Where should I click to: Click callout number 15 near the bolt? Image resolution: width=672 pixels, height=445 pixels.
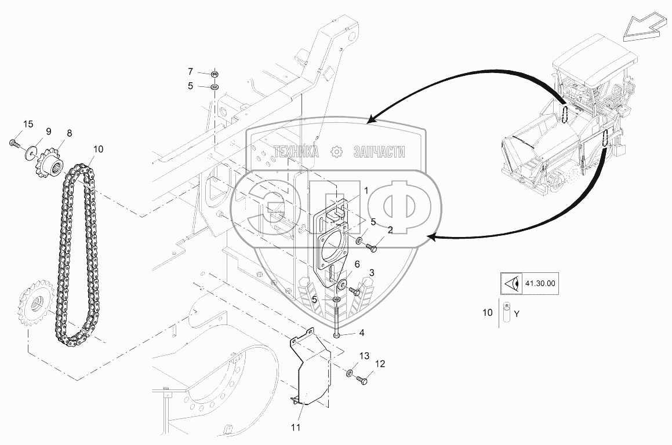(x=28, y=124)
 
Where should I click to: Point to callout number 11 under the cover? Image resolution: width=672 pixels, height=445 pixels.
(x=296, y=427)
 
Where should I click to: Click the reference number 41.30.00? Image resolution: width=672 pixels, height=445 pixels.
(x=540, y=283)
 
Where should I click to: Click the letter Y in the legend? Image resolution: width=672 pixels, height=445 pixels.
(x=517, y=314)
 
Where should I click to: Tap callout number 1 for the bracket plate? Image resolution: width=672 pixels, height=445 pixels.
(x=366, y=190)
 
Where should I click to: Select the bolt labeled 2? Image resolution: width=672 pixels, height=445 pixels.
(x=371, y=247)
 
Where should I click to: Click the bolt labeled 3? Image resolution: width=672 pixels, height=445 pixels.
(x=355, y=291)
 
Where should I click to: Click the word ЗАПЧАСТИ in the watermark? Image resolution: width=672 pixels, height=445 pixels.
(x=379, y=152)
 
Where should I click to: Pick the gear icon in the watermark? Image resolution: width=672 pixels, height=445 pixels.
(x=337, y=152)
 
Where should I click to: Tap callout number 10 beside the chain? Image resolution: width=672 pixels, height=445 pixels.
(x=98, y=149)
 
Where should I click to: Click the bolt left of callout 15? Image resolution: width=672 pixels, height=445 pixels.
(x=14, y=143)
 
